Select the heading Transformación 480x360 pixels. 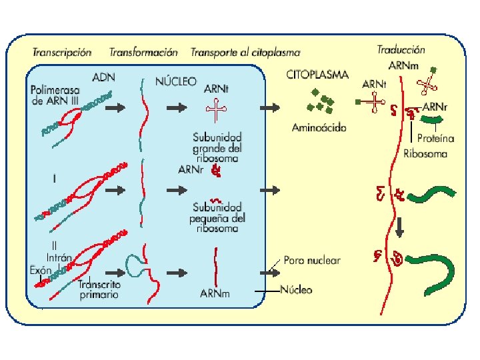click(x=143, y=51)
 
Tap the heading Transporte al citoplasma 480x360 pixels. click(x=245, y=52)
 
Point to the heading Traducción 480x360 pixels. click(x=401, y=49)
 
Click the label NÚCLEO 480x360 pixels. click(x=175, y=81)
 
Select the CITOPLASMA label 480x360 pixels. click(x=317, y=75)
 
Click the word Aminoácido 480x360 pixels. click(x=319, y=128)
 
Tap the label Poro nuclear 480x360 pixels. click(x=311, y=260)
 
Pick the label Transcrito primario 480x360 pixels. click(x=98, y=289)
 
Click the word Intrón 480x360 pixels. click(x=59, y=257)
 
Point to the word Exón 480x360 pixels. click(x=41, y=270)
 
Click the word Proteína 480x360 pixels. click(x=435, y=139)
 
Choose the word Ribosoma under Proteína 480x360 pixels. click(x=425, y=153)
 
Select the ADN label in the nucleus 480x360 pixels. click(x=103, y=77)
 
